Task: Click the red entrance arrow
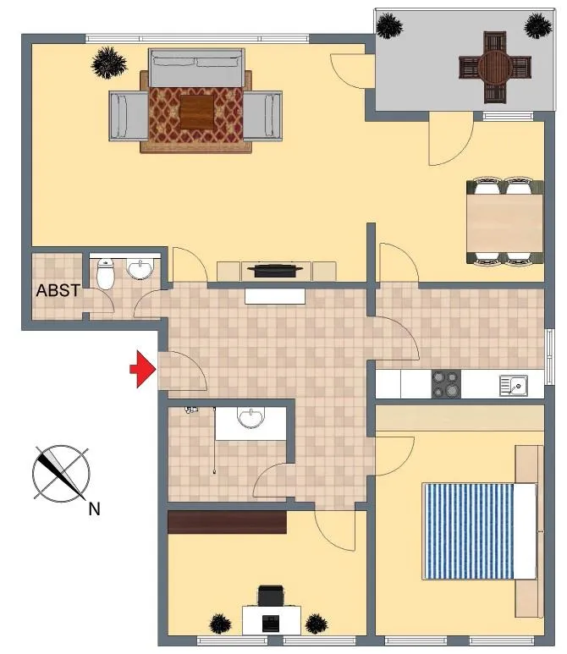coord(143,369)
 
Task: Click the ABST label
coord(58,290)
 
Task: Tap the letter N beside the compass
coord(94,508)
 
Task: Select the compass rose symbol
coord(61,473)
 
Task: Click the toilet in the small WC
coord(105,274)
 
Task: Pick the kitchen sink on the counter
coord(514,386)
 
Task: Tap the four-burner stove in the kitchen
coord(446,384)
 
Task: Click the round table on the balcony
coord(495,67)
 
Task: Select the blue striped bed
coord(479,531)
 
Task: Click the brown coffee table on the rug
coord(197,112)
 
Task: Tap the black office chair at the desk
coord(271,595)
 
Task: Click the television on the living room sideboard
coord(275,270)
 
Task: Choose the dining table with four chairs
coord(505,222)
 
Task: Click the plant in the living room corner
coord(109,63)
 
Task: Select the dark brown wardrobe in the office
coord(227,522)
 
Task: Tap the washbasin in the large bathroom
coord(250,417)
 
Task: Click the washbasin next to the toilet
coord(140,269)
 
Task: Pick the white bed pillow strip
coord(525,531)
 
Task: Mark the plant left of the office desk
coord(219,624)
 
